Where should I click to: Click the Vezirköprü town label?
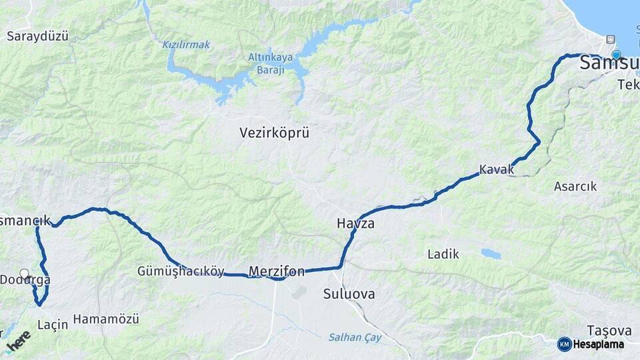tap(275, 133)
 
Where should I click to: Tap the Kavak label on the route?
tap(497, 169)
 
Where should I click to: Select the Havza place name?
tap(355, 224)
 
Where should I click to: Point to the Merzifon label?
tap(276, 271)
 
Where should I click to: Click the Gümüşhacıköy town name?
tap(181, 271)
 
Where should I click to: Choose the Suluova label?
tap(349, 294)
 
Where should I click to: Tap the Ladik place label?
tap(443, 254)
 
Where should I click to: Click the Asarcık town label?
tap(575, 187)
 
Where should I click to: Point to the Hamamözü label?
tap(106, 319)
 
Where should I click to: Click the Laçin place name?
tap(53, 325)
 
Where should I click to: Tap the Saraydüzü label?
tap(37, 36)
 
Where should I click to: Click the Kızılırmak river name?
tap(186, 45)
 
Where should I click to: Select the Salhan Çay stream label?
tap(355, 337)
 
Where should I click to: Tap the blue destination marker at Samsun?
tap(616, 55)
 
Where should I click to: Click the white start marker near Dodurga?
tap(25, 273)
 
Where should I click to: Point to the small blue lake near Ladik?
tap(491, 254)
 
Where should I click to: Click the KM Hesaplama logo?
tap(591, 344)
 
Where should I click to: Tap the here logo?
tap(19, 341)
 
